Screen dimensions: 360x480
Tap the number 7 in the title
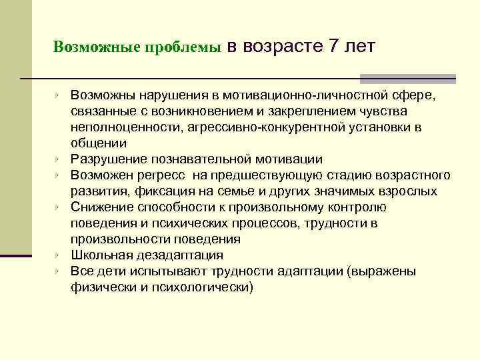335,46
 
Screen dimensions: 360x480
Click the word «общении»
98,143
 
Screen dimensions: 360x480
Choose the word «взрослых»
411,191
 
